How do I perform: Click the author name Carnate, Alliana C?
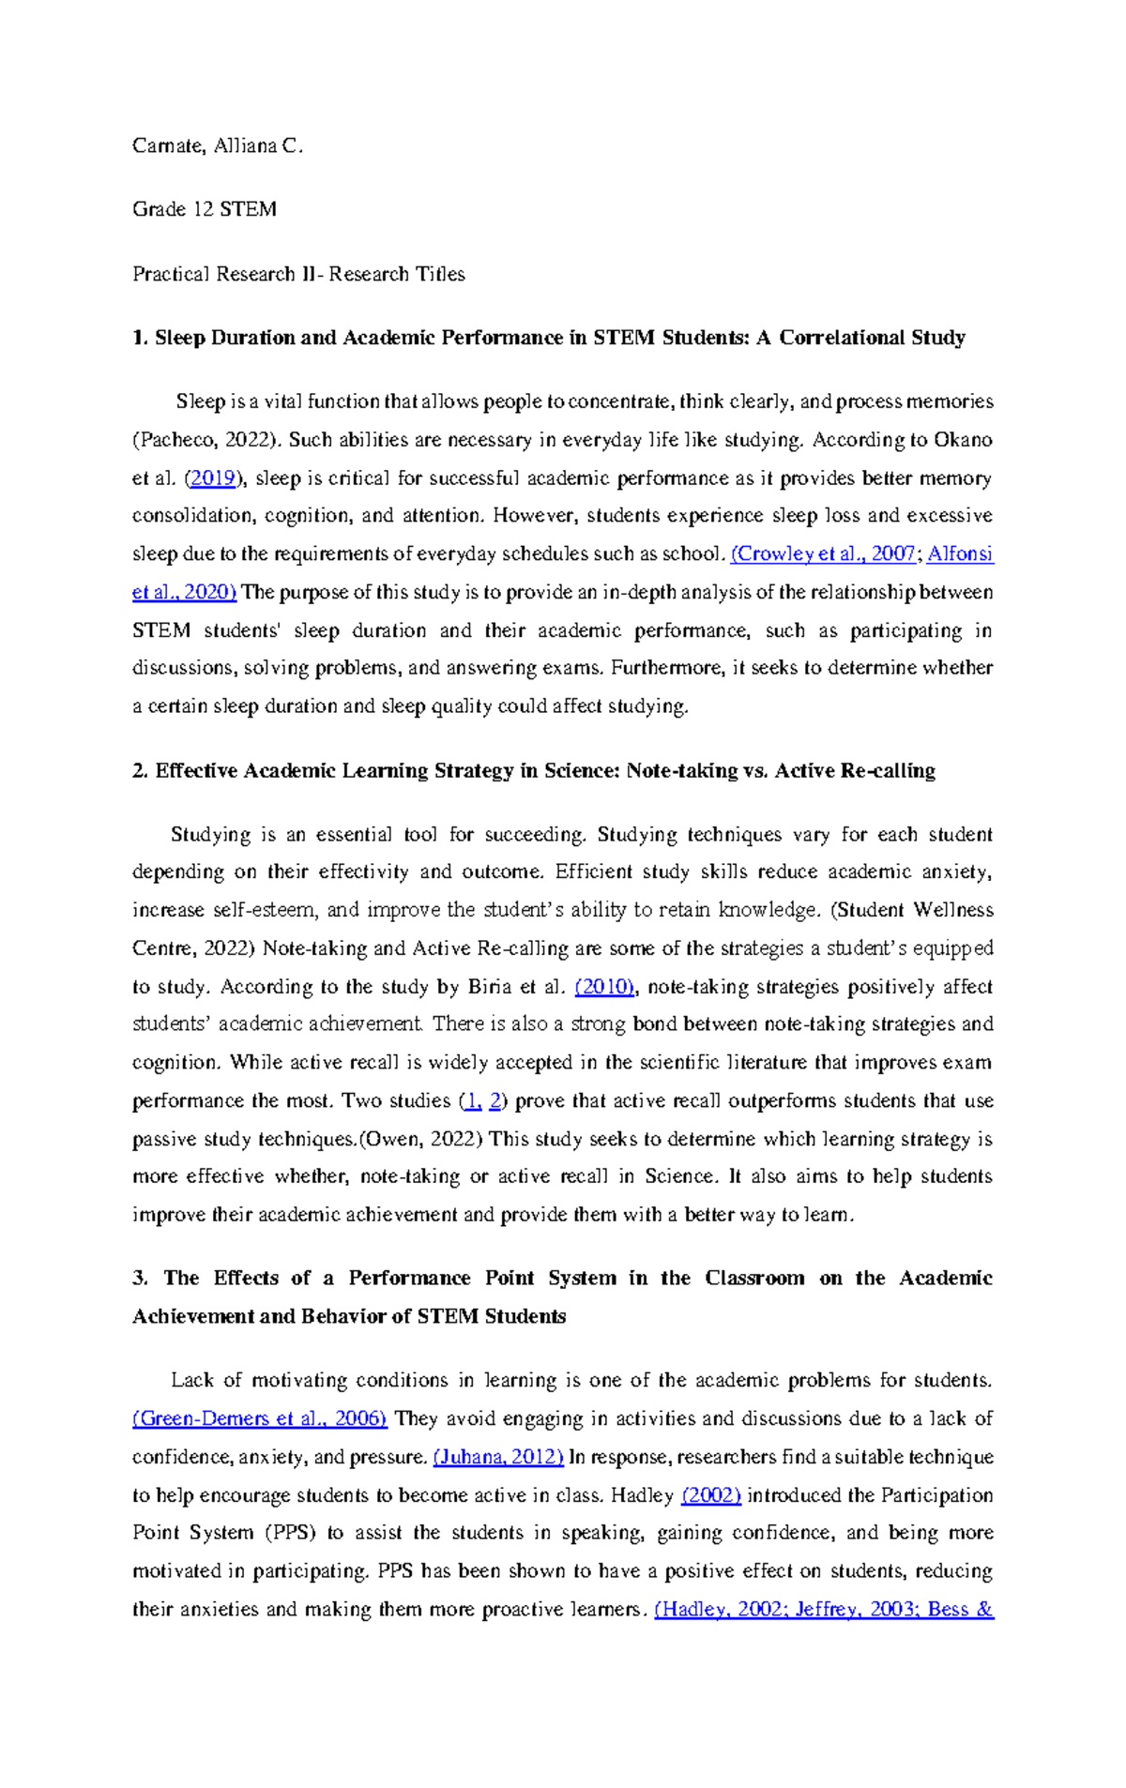218,145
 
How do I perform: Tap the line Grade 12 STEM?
204,209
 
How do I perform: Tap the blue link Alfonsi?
960,553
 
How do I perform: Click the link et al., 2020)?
184,592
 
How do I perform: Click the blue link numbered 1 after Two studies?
473,1101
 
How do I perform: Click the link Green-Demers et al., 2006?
260,1418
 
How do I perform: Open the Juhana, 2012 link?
498,1457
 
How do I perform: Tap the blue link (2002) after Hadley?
711,1495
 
